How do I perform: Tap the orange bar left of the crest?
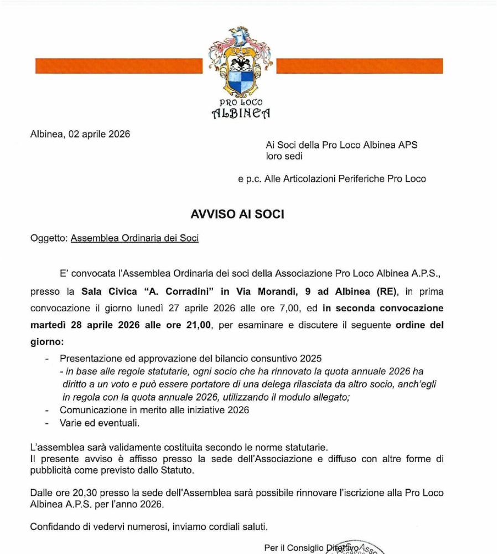click(x=118, y=66)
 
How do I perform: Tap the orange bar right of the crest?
click(x=359, y=66)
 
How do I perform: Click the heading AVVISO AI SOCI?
click(x=237, y=214)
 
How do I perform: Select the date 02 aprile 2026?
click(x=100, y=134)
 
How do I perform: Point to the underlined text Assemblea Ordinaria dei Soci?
click(x=134, y=238)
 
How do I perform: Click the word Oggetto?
click(x=49, y=238)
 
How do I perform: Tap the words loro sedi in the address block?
click(x=285, y=156)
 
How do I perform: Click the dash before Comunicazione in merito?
click(x=47, y=410)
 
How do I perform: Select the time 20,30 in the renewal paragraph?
click(x=82, y=493)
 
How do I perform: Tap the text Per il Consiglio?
click(x=294, y=548)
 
